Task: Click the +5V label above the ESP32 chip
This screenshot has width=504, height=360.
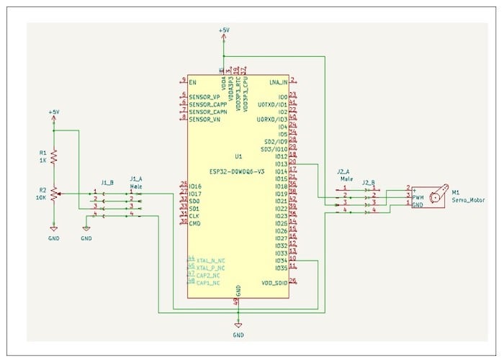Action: click(x=224, y=30)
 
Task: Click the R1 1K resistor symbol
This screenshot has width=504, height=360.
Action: click(x=53, y=156)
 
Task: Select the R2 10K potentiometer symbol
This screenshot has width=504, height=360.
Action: click(x=54, y=194)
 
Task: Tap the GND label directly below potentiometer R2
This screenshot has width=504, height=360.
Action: click(x=54, y=238)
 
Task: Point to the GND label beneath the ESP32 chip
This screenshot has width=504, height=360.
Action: click(x=238, y=335)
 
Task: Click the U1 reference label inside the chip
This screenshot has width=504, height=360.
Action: click(x=238, y=156)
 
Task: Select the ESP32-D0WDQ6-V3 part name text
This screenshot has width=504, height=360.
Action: click(x=238, y=172)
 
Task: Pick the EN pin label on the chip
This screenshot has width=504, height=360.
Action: click(x=192, y=81)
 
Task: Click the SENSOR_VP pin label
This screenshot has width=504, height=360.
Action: click(x=206, y=96)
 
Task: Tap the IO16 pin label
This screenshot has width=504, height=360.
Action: click(x=195, y=186)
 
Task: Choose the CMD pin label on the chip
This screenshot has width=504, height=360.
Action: click(x=194, y=223)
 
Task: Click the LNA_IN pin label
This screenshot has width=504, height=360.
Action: click(x=278, y=81)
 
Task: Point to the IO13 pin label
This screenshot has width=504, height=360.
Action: click(x=281, y=163)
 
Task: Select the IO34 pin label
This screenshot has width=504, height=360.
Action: click(x=281, y=260)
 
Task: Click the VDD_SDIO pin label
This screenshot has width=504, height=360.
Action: click(x=274, y=282)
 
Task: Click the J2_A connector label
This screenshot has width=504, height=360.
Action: click(x=344, y=171)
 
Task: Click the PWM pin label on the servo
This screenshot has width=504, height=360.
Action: click(x=418, y=197)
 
